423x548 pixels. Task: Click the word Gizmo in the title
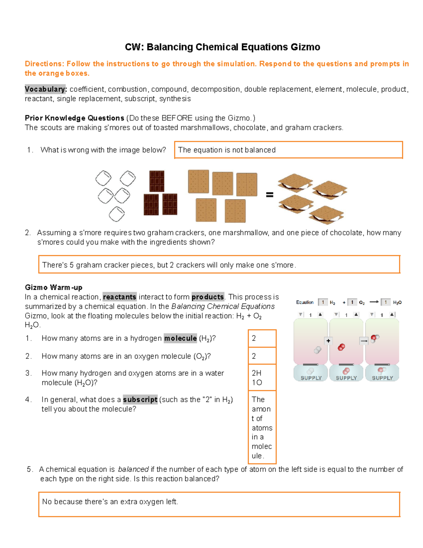305,47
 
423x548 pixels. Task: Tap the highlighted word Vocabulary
45,89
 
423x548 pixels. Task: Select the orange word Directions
44,64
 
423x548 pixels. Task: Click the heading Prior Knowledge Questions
74,118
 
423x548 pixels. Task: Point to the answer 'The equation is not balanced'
227,150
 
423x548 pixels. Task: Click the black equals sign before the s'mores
269,194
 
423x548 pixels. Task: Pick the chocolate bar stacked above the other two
157,181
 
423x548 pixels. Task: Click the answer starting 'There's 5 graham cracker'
169,265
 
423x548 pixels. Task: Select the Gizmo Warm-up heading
54,288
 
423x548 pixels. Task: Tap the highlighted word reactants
119,297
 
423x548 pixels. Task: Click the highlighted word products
208,297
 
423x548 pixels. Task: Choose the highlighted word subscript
140,400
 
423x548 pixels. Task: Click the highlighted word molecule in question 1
180,338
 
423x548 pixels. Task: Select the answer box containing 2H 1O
262,378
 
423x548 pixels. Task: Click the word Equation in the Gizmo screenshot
305,302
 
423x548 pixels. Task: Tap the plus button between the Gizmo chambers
328,341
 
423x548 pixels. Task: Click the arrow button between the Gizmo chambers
364,341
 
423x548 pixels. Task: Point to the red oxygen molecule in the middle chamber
341,347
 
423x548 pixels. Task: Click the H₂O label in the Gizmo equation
397,302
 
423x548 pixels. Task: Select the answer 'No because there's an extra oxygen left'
110,502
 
